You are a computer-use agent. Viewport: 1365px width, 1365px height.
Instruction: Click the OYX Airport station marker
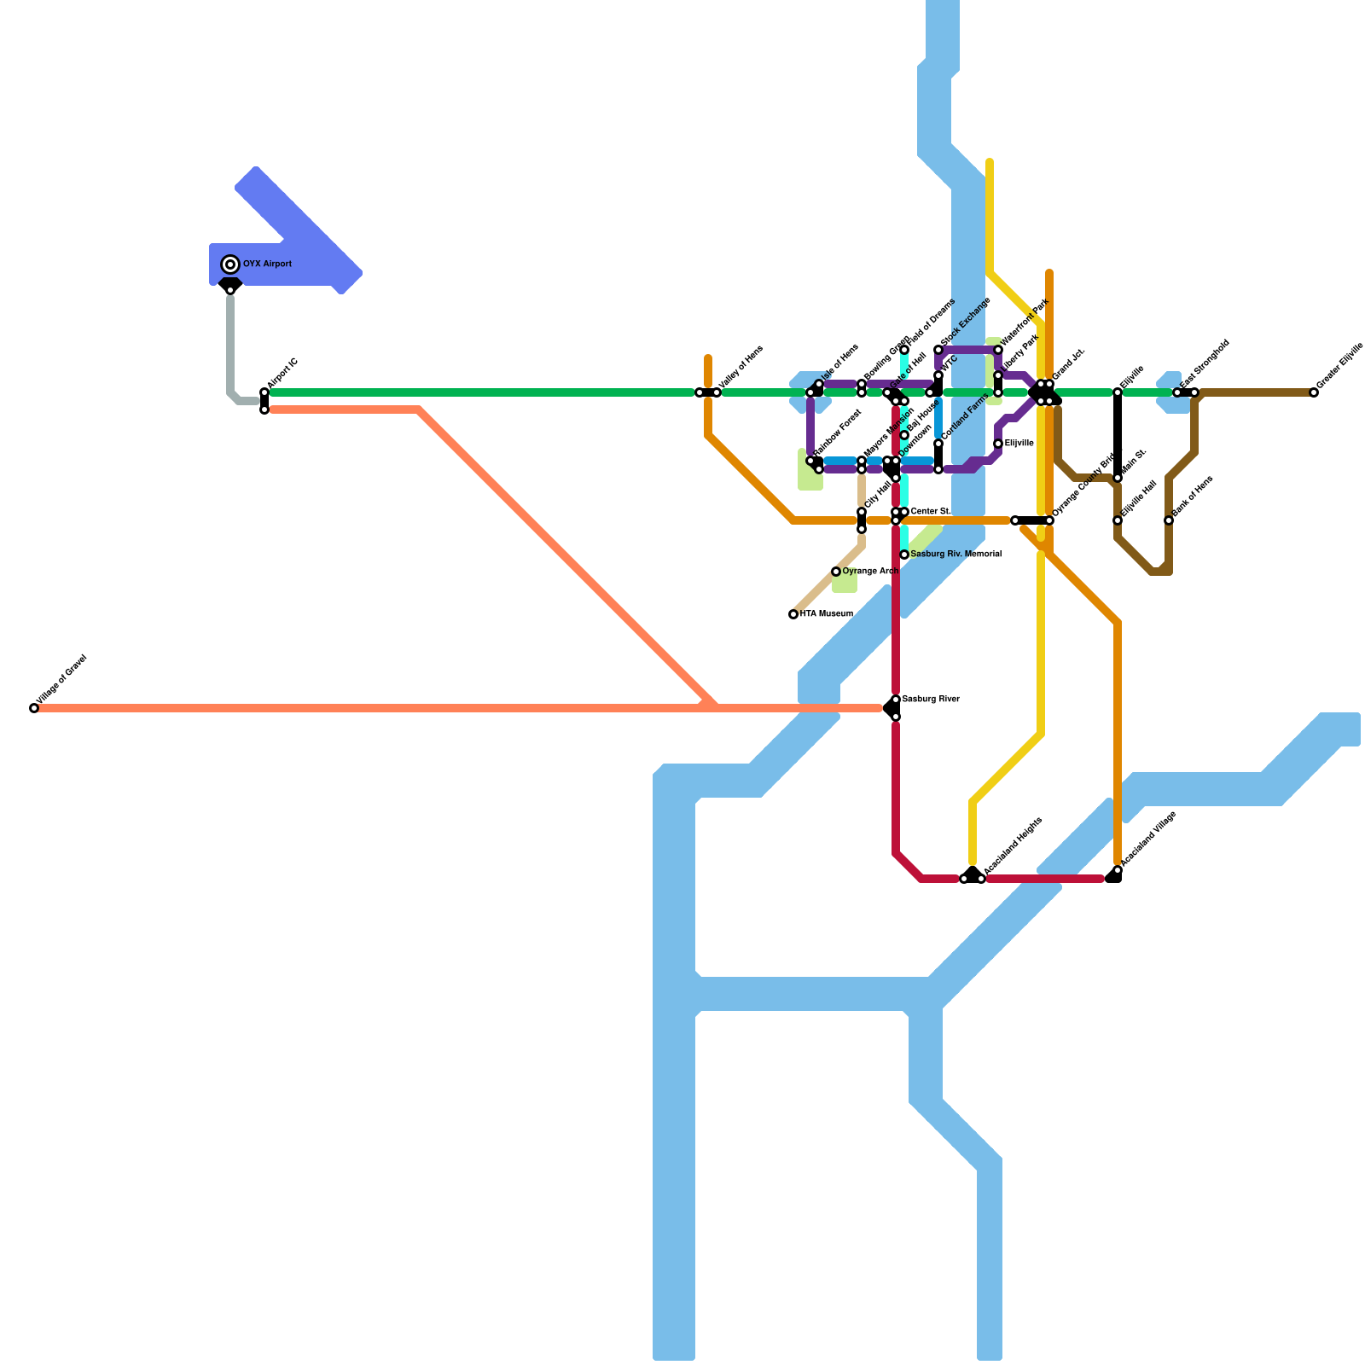230,264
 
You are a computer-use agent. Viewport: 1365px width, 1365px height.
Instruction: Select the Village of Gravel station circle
34,708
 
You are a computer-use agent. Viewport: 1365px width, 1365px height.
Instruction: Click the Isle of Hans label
839,364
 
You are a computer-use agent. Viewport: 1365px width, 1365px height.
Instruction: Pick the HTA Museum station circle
793,614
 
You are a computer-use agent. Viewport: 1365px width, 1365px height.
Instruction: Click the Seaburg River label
931,700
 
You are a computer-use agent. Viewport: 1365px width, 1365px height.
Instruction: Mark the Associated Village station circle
1118,870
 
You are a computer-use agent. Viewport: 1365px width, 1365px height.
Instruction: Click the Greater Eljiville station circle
1314,392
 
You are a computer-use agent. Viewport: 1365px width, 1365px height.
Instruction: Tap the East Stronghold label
1205,365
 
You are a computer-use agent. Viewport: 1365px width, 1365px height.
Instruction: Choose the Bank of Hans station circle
1169,520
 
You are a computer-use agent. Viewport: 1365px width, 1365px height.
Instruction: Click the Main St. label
1134,462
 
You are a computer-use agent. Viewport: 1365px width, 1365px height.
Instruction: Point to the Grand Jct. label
1068,365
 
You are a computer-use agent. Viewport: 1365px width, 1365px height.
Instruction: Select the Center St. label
931,512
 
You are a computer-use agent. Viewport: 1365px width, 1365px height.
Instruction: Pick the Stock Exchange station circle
938,350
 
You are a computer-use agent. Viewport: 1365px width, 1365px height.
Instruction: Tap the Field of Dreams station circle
904,350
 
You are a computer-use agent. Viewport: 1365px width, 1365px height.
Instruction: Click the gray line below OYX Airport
230,341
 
